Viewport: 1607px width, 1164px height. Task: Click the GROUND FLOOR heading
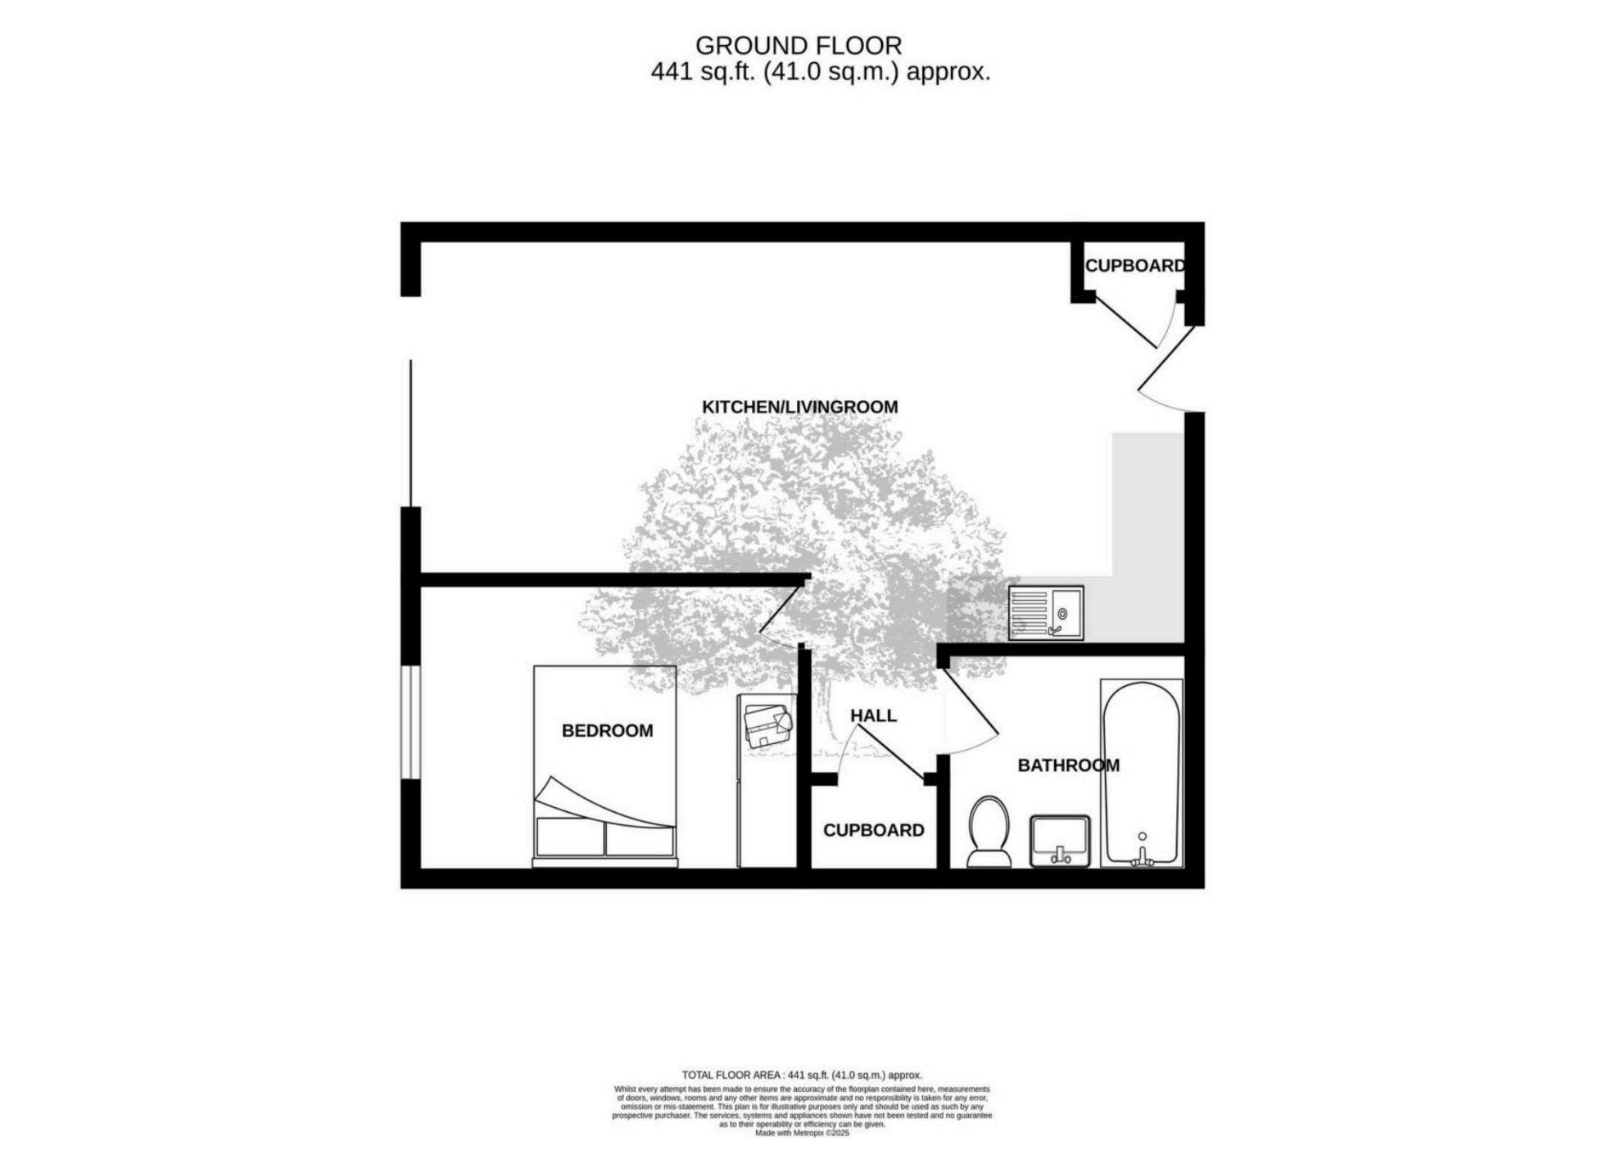[x=799, y=45]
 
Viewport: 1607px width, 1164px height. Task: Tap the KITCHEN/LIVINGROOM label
[x=799, y=407]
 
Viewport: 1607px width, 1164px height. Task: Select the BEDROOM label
[x=607, y=731]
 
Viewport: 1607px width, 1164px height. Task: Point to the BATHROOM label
[x=1068, y=765]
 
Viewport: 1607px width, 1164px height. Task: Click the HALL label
[x=873, y=715]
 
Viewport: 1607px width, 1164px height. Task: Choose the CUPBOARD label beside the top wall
[x=1134, y=266]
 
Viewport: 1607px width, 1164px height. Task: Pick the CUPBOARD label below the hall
[x=873, y=830]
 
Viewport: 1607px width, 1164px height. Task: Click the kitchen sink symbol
[x=1046, y=612]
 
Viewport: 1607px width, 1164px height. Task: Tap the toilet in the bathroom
[x=989, y=832]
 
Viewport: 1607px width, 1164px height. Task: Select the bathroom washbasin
[x=1060, y=841]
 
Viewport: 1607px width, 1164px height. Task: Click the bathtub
[x=1142, y=773]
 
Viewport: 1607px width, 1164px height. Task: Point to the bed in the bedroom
[x=605, y=766]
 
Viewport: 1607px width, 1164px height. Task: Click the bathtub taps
[x=1142, y=855]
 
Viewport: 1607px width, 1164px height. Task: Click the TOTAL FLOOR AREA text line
[x=802, y=1075]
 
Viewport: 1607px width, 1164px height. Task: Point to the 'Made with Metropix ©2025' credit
[x=802, y=1133]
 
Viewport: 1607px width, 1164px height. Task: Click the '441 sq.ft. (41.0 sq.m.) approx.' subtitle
[x=821, y=72]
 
